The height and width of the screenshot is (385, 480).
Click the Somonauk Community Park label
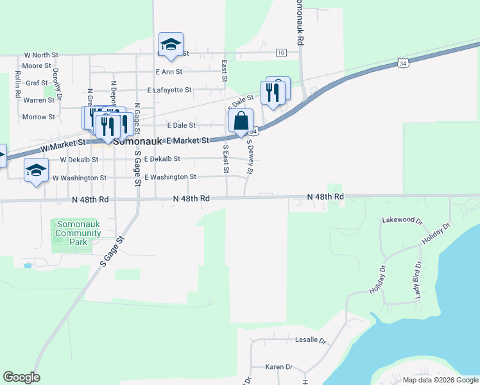pos(78,233)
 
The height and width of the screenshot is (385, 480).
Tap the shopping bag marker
pos(241,121)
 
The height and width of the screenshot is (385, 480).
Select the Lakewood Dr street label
pos(402,220)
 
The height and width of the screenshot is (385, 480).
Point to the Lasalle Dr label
pos(311,340)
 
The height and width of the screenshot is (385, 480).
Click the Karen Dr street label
pos(279,367)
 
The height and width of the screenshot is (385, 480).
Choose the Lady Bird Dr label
pos(418,280)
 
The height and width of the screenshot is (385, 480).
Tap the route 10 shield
pos(281,52)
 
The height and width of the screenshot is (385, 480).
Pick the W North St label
pos(41,55)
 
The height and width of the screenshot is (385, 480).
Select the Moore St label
pos(36,66)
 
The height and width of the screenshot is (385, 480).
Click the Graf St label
pos(36,83)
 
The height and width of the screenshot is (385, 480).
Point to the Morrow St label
pos(39,117)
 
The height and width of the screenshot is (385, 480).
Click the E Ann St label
pos(169,72)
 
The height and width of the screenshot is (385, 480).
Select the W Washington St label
pos(79,178)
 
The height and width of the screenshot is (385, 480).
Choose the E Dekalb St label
pos(162,159)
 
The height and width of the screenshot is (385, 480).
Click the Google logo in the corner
pos(21,377)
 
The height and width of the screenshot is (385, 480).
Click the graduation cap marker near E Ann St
pos(171,44)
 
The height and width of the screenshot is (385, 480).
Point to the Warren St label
pos(39,100)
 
